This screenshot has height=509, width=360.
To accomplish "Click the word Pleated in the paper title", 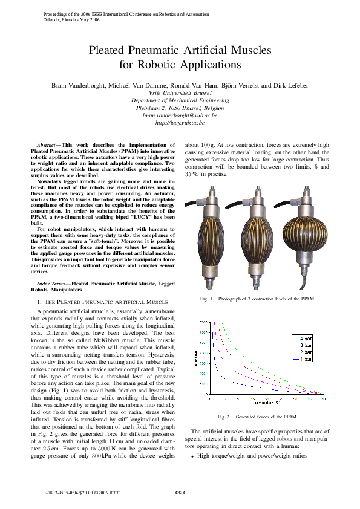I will [110, 51].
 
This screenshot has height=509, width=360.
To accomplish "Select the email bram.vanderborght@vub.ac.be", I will [180, 115].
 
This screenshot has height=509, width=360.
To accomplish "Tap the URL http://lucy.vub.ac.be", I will [180, 122].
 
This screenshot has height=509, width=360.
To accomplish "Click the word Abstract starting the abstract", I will [46, 146].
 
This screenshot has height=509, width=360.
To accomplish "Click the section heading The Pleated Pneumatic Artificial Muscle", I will [100, 301].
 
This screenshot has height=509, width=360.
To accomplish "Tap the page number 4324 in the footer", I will [180, 494].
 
